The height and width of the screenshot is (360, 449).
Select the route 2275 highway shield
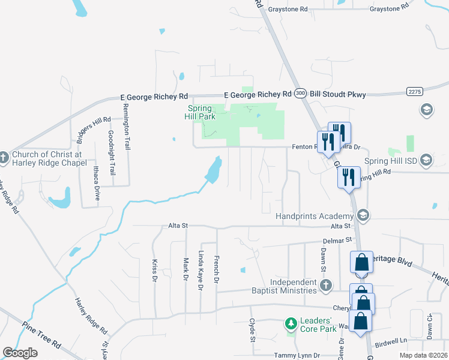coord(414,91)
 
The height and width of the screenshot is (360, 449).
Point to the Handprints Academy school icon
coord(363,215)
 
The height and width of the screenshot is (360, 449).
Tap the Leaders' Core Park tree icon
coord(291,324)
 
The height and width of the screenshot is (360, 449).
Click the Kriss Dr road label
coord(154,271)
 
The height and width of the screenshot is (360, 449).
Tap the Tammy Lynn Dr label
coord(293,355)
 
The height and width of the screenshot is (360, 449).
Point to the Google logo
coord(19,353)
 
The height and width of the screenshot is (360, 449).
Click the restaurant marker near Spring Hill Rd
coord(348,176)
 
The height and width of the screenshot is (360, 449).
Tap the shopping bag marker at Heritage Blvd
coord(361,262)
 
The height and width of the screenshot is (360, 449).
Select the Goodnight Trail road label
coord(111,152)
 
